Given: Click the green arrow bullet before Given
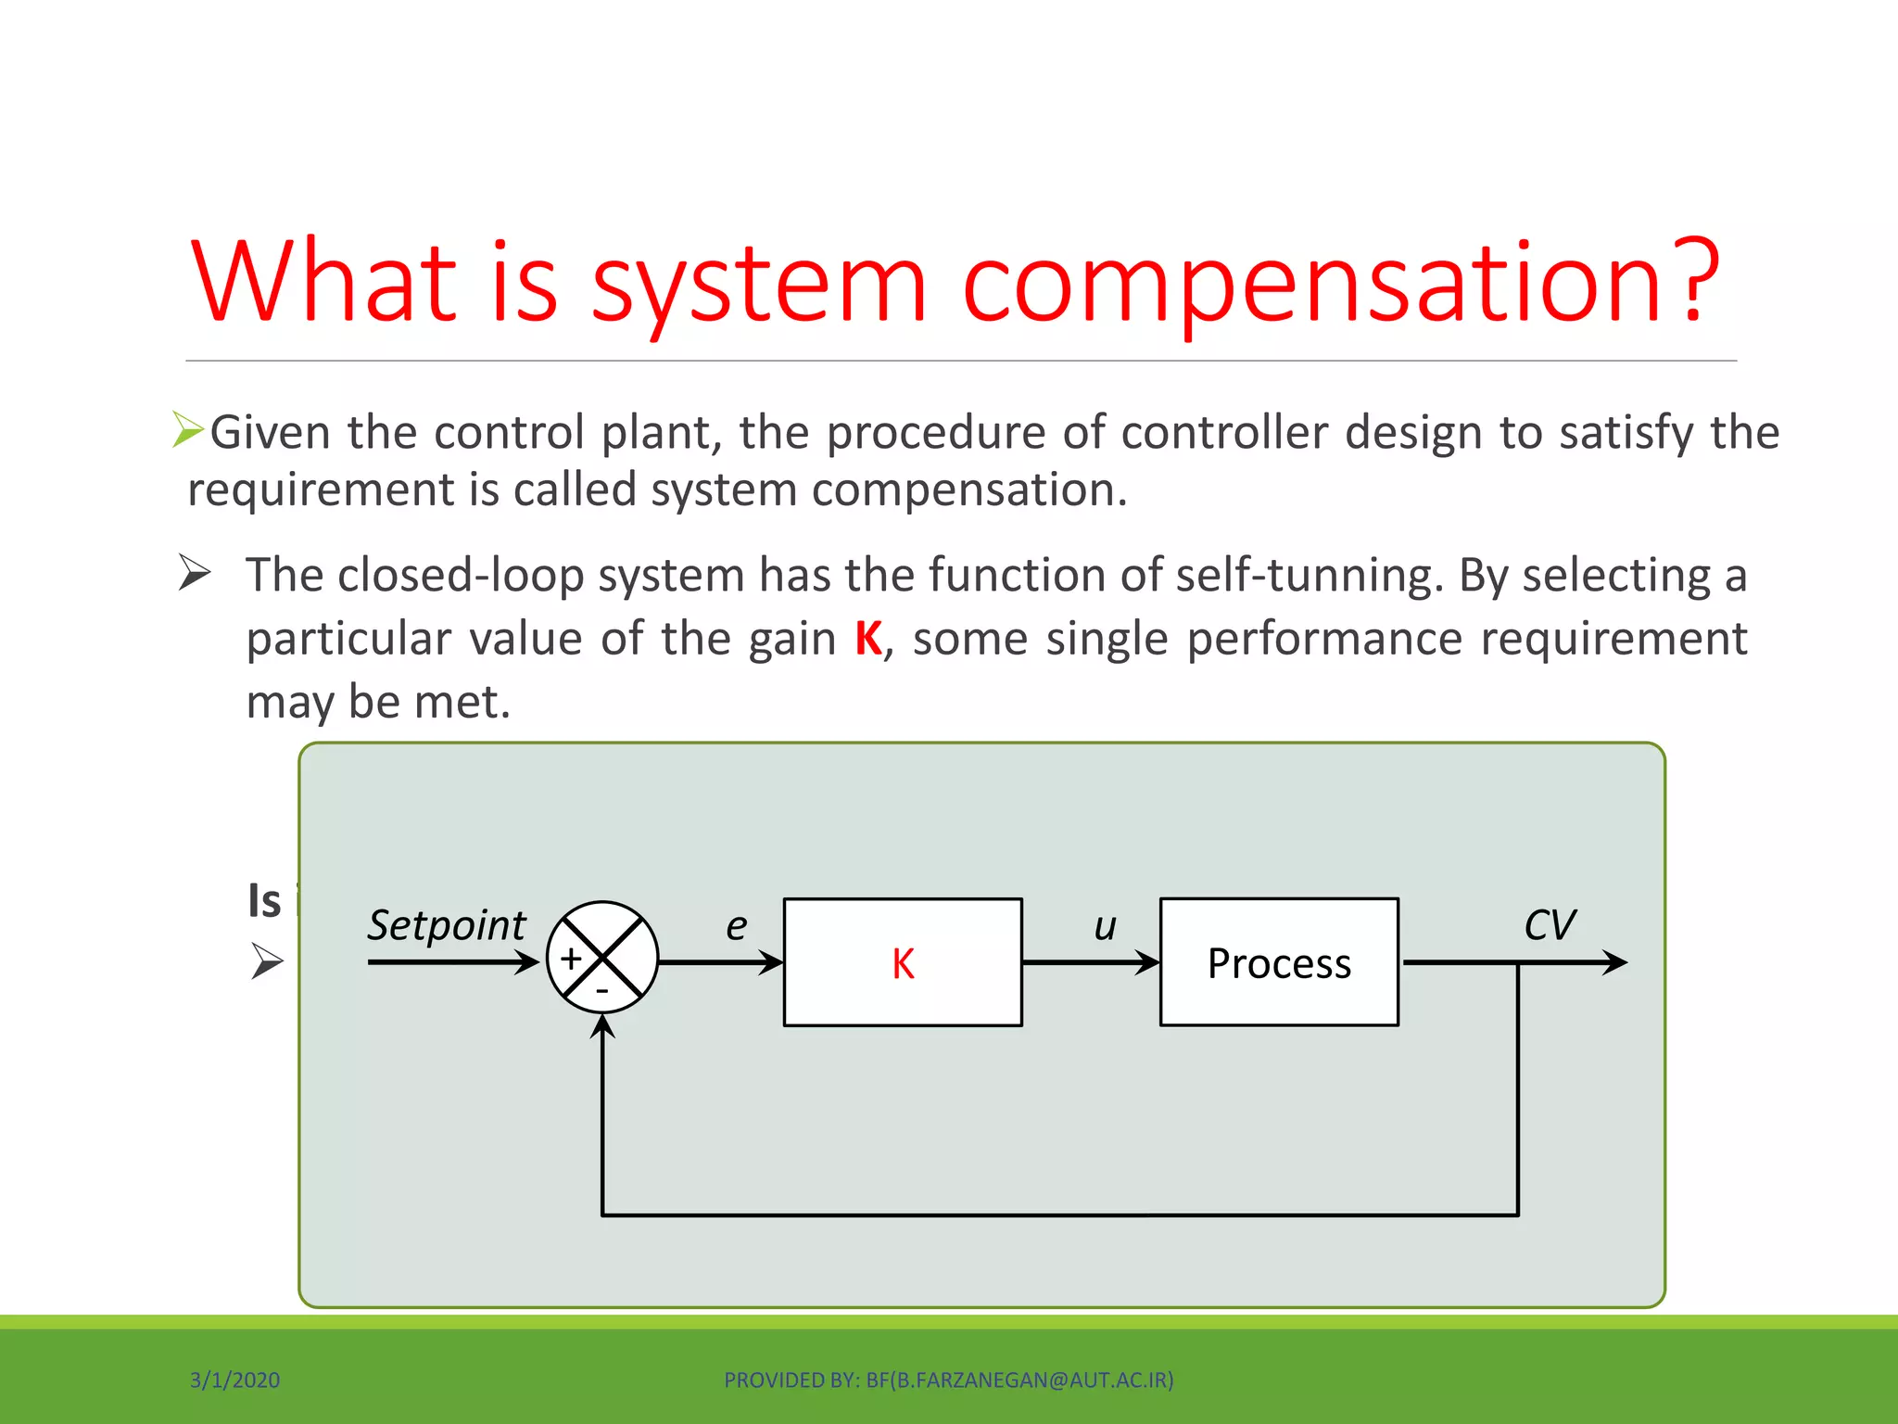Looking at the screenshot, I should tap(188, 430).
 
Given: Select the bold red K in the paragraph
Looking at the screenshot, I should tap(868, 639).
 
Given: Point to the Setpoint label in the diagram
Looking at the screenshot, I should tap(447, 925).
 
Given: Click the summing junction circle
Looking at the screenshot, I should tap(603, 958).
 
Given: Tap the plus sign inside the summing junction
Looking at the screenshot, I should tap(571, 958).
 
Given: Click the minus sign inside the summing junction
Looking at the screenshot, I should tap(602, 991).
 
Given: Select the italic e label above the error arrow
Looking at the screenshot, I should tap(736, 926).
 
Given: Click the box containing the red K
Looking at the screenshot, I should tap(903, 962).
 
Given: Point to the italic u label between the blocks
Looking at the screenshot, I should tap(1105, 926).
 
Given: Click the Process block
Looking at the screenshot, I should tap(1279, 962).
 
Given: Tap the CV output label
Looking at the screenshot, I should tap(1550, 925).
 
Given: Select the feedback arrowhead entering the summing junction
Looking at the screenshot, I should tap(603, 1026).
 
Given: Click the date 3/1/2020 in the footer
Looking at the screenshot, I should tap(235, 1380).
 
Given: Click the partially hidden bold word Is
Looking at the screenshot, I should tap(265, 901).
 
